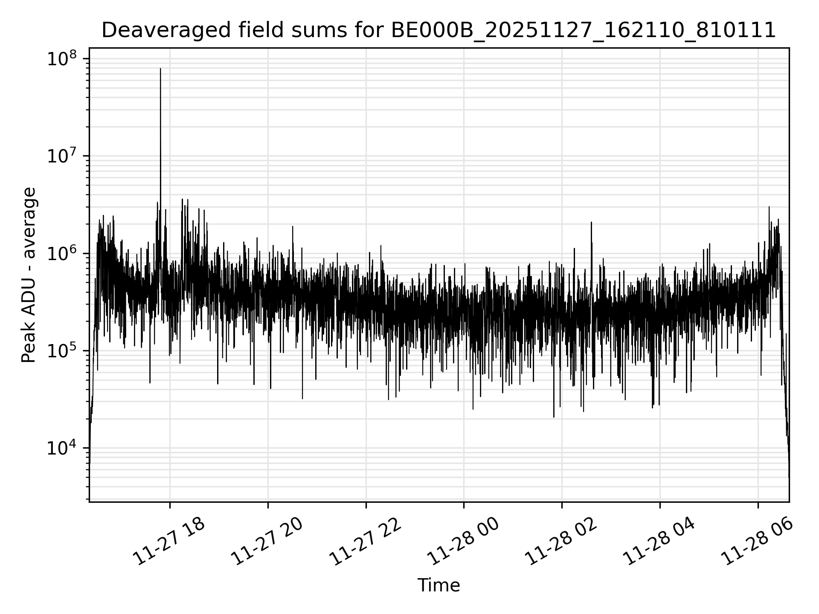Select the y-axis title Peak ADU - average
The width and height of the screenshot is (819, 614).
click(x=29, y=275)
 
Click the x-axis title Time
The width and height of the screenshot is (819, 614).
click(x=439, y=585)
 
